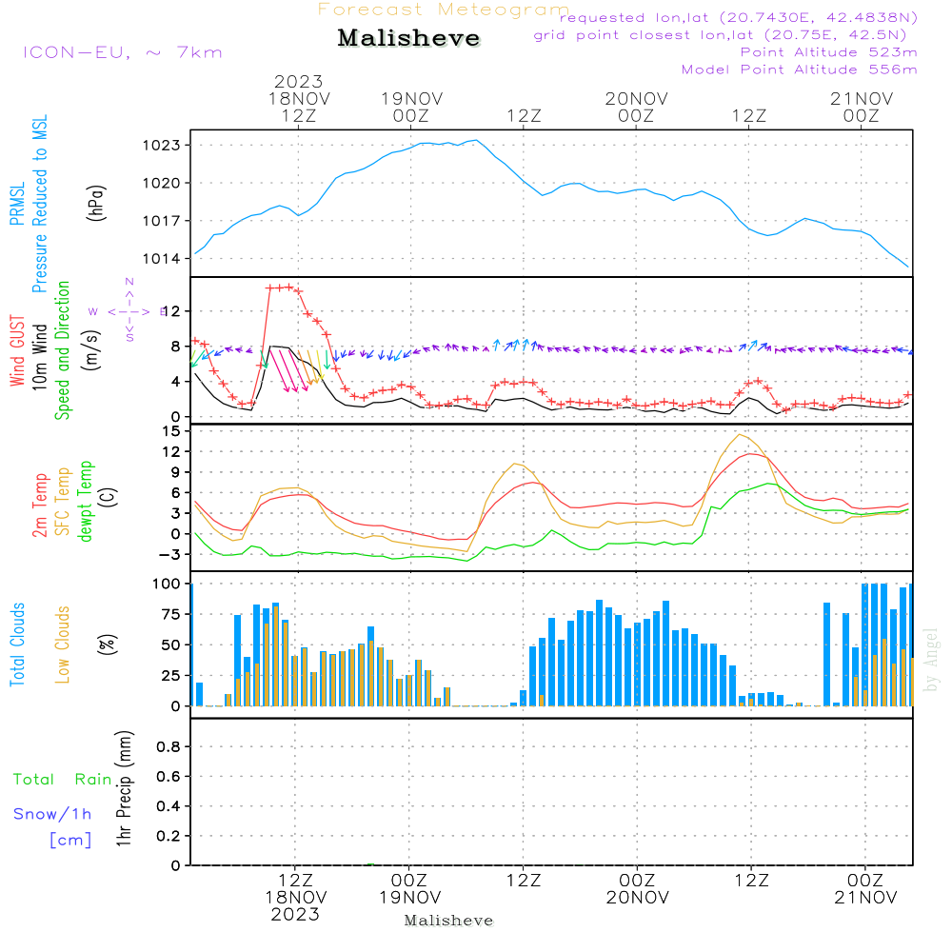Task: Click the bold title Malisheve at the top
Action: coord(408,38)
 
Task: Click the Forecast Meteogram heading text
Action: coord(444,10)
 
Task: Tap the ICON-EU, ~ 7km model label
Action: coord(122,52)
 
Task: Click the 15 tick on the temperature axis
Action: coord(172,431)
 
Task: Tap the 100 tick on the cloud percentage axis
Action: coord(168,583)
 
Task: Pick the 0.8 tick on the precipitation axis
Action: coord(169,747)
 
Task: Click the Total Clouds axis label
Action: coord(18,645)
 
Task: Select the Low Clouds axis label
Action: coord(63,644)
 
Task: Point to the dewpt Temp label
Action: coord(86,502)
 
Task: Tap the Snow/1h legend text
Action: coord(53,814)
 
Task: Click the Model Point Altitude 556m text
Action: coord(799,69)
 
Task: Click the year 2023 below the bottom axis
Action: coord(294,914)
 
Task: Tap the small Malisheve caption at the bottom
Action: coord(448,921)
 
